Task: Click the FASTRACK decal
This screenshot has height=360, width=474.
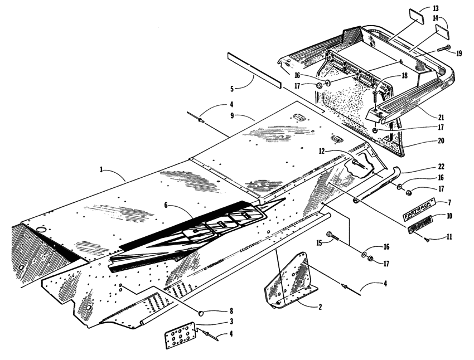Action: tap(420, 212)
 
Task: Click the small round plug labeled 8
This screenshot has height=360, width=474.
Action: tap(203, 312)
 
